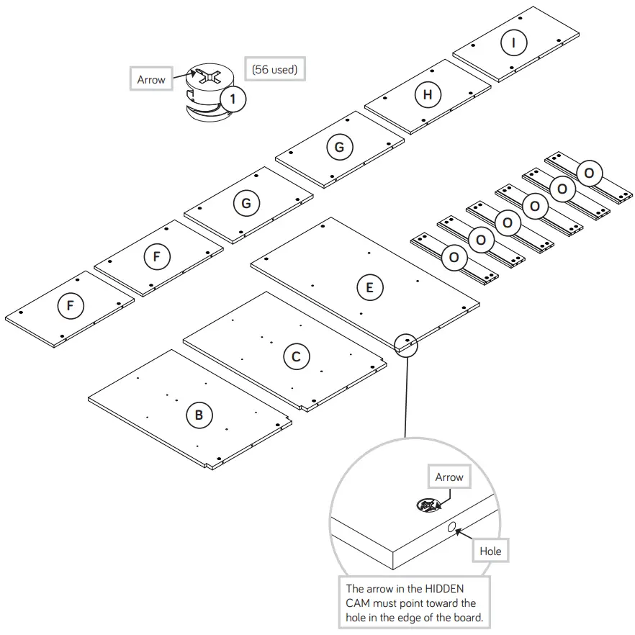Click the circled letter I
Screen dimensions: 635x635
point(513,42)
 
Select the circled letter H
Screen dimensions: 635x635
point(428,94)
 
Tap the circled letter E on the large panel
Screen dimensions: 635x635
point(370,288)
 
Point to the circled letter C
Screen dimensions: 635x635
point(296,356)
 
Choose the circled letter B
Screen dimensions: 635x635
point(199,415)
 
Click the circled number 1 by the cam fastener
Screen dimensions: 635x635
point(233,98)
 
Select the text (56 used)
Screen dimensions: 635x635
point(275,70)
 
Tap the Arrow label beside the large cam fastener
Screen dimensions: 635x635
point(151,79)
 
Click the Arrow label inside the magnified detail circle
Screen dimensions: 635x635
point(449,477)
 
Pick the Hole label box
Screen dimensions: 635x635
point(490,551)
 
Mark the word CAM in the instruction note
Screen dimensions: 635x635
point(360,603)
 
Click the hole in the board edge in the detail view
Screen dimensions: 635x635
point(451,529)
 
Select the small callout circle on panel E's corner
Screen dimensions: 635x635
point(407,345)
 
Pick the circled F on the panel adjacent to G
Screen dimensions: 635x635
point(156,256)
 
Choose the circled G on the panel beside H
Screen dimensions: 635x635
point(339,148)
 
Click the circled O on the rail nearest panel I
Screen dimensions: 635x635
point(589,174)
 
